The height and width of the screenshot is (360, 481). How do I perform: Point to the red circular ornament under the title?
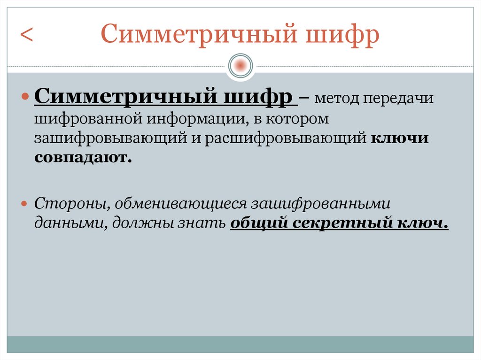click(x=240, y=65)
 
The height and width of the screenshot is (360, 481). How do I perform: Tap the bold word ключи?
click(x=399, y=139)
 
